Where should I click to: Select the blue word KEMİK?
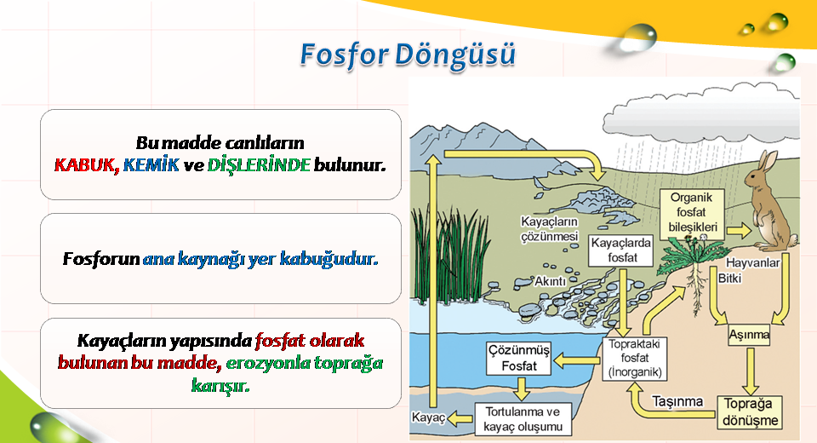coord(151,165)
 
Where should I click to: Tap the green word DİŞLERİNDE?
coord(259,165)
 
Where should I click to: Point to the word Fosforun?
coord(101,258)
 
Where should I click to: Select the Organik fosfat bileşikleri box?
coord(692,213)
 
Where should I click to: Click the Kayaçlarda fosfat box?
coord(621,250)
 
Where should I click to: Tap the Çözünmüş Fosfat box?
coord(518,358)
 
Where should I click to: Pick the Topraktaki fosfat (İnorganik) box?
coord(635,359)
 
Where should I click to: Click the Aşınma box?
coord(749,335)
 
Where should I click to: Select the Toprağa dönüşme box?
coord(751,412)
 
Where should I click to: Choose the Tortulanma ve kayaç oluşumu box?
coord(523,419)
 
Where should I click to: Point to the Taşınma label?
coord(677,401)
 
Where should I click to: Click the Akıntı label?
coord(550,281)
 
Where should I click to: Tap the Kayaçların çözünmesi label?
coord(549,229)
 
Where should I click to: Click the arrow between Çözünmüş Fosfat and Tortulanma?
coord(521,388)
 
